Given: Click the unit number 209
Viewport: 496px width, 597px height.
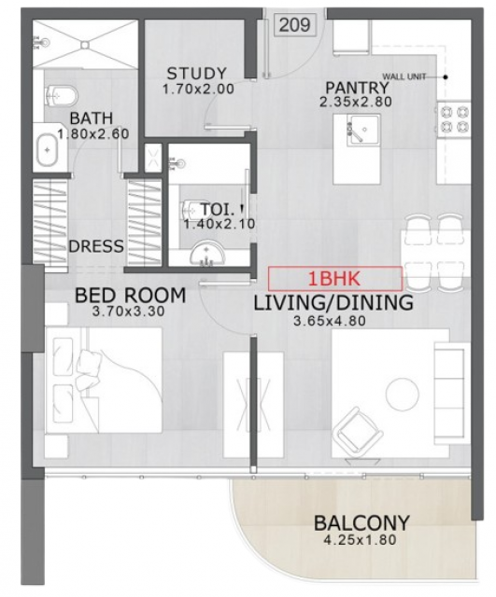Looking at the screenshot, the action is pos(294,25).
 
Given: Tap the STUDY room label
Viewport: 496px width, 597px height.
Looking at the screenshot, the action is pos(197,74).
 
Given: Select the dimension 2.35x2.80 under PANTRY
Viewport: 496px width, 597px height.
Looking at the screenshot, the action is pos(356,102).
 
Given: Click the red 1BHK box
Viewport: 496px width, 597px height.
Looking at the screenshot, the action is pos(334,278).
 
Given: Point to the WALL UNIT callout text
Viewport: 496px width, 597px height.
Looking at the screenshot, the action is pos(404,76).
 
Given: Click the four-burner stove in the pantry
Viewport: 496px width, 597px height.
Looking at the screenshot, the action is pos(454,119).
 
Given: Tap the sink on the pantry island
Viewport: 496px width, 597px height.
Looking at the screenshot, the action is pos(362,130).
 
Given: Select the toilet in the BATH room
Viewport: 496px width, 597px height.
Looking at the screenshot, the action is pos(61,95).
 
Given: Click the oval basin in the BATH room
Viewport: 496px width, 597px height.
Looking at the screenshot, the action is pos(47,149).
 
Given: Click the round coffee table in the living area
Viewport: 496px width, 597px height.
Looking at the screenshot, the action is pos(403,394).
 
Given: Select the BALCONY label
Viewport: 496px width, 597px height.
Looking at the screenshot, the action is pos(361,523).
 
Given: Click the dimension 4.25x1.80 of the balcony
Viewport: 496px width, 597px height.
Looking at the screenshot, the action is pos(359,539).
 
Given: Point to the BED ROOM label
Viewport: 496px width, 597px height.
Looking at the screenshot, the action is pos(131,295).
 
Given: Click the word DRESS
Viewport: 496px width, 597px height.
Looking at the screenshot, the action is pos(96,246).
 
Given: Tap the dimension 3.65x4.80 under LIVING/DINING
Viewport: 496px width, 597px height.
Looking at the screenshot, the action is pos(330,321).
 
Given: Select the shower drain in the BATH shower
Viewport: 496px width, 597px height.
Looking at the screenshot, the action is pos(85,45).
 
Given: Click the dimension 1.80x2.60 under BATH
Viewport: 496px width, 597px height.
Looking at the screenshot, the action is pos(93,134).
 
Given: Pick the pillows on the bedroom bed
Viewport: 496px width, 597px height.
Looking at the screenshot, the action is pos(89,367).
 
